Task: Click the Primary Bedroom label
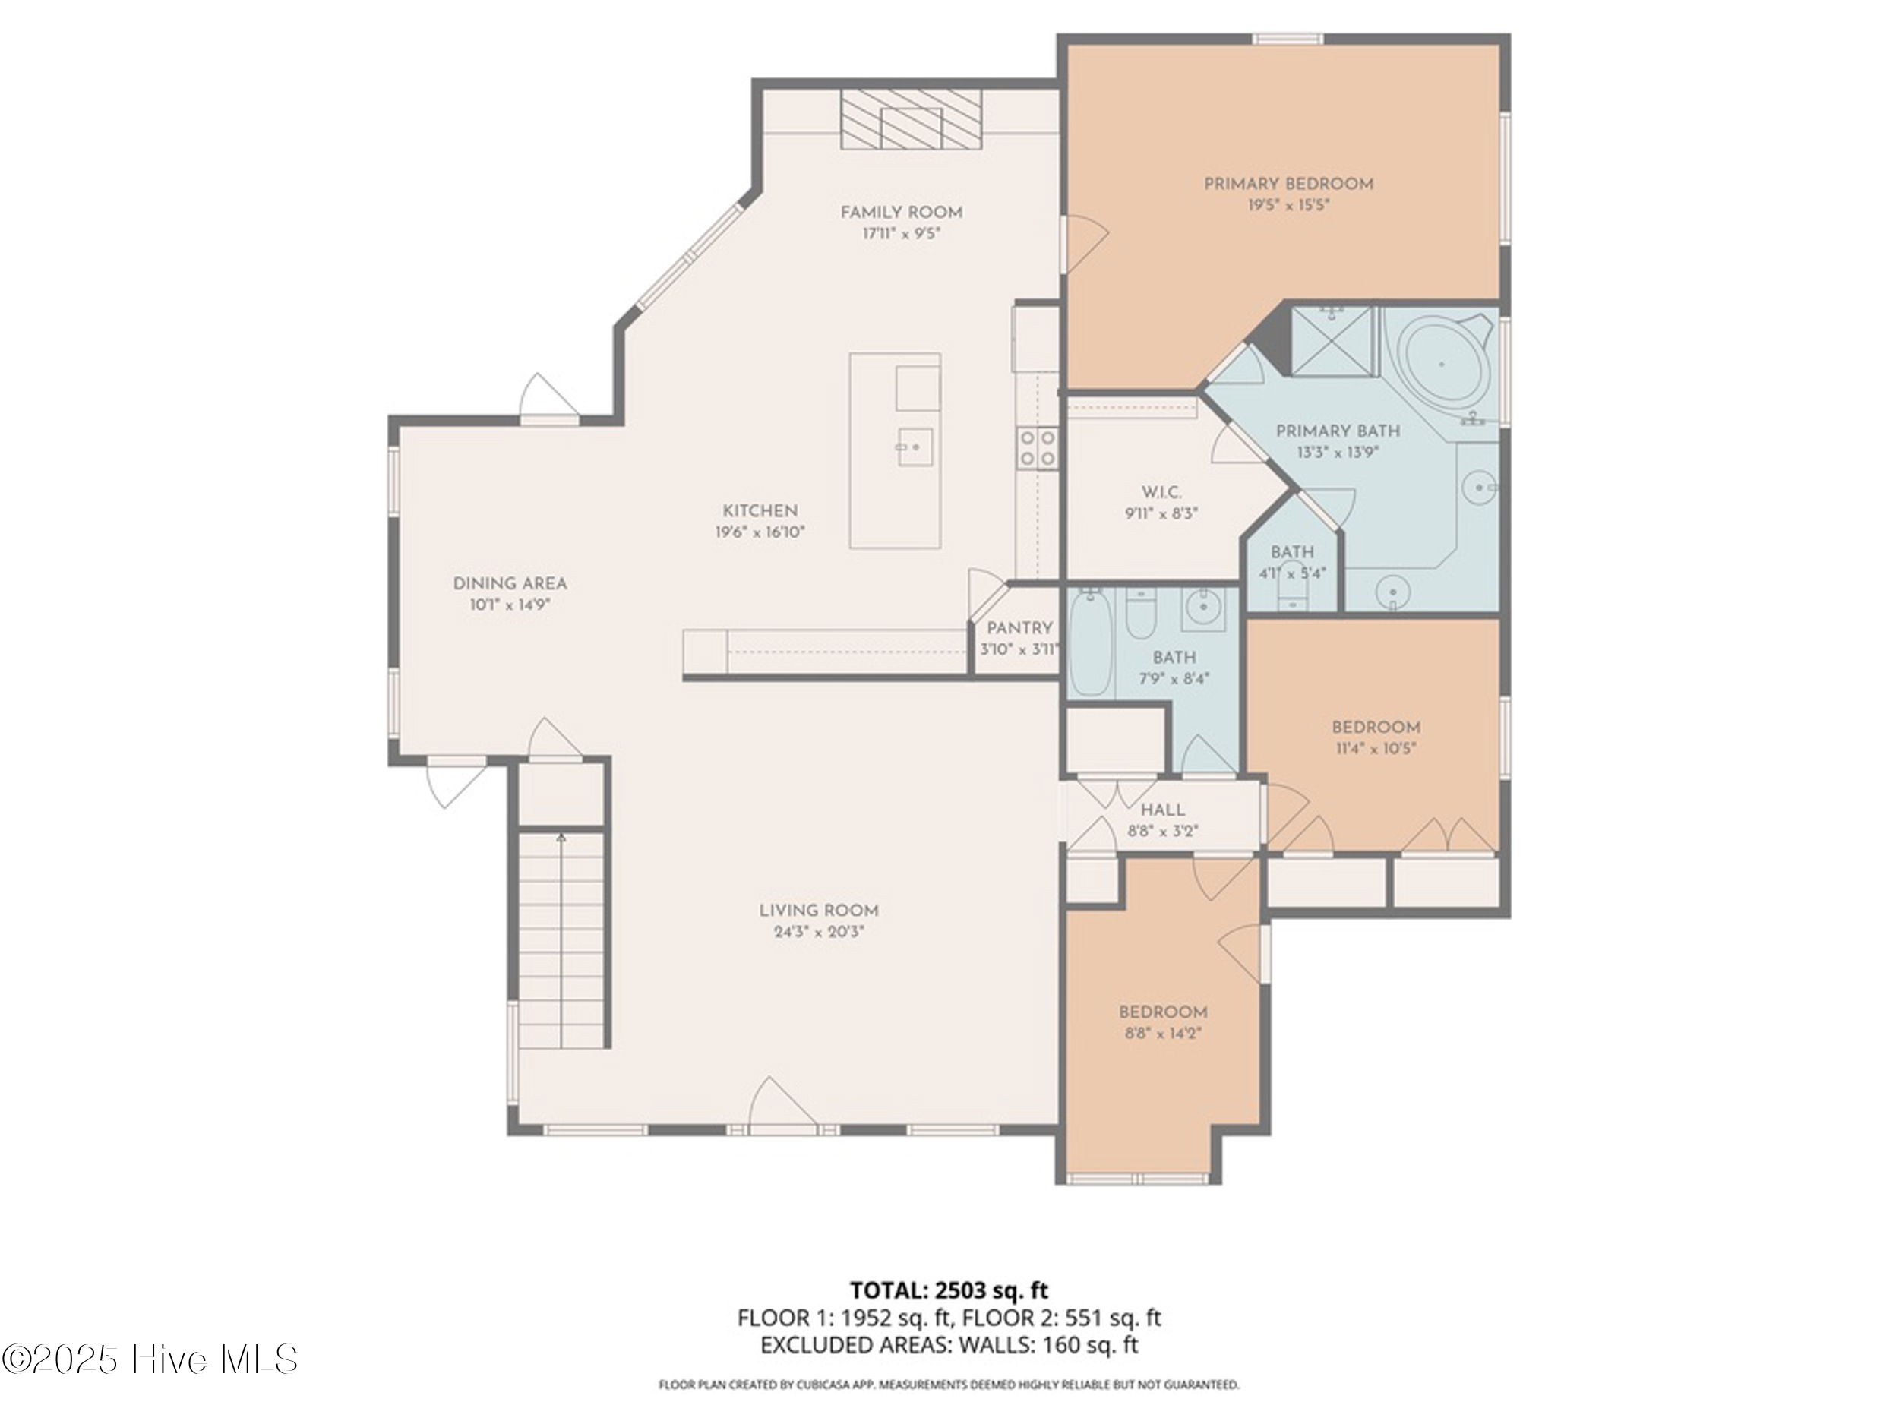click(x=1288, y=184)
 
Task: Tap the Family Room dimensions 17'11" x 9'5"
click(x=902, y=233)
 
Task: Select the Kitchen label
click(x=760, y=510)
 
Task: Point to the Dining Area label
click(x=510, y=584)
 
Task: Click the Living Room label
click(x=818, y=911)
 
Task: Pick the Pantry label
click(x=1019, y=628)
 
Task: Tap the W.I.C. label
click(x=1161, y=493)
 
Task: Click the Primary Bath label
click(x=1338, y=431)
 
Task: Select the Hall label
click(x=1162, y=810)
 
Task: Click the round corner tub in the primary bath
click(x=1443, y=365)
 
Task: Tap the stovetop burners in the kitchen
click(x=1038, y=448)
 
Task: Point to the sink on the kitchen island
click(x=915, y=447)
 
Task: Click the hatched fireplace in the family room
click(x=911, y=119)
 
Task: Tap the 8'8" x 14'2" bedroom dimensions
click(x=1162, y=1034)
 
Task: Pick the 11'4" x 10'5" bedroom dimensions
click(x=1376, y=749)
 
